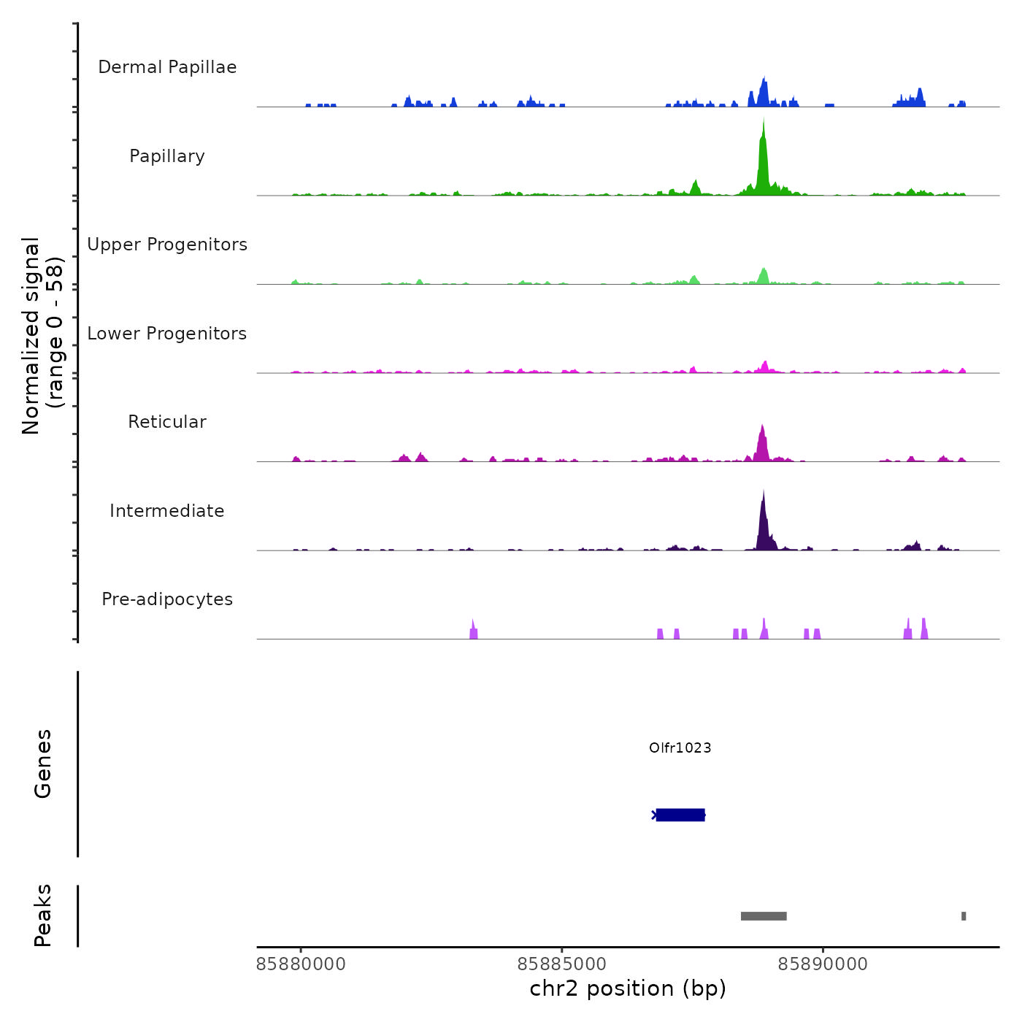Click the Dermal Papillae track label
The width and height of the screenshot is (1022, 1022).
pyautogui.click(x=167, y=67)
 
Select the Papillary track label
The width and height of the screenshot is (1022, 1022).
pyautogui.click(x=167, y=156)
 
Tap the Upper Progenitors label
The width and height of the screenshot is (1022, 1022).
pyautogui.click(x=167, y=245)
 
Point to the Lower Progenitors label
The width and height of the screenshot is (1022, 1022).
pyautogui.click(x=167, y=334)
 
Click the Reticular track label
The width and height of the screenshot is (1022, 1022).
pyautogui.click(x=167, y=422)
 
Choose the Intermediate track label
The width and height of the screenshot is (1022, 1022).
pyautogui.click(x=167, y=511)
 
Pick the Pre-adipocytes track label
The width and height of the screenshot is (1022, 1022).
pyautogui.click(x=167, y=599)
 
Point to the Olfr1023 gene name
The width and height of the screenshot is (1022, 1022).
pyautogui.click(x=680, y=748)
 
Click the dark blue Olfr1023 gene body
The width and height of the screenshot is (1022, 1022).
pyautogui.click(x=680, y=815)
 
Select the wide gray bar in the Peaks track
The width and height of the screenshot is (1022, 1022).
pyautogui.click(x=764, y=916)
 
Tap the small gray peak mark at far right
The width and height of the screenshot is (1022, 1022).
pyautogui.click(x=964, y=916)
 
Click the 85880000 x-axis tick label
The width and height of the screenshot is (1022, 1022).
pyautogui.click(x=301, y=964)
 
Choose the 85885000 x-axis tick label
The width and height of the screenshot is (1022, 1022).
pyautogui.click(x=561, y=964)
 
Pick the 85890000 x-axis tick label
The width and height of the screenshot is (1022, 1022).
pyautogui.click(x=823, y=964)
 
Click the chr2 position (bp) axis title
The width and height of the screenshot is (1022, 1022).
pyautogui.click(x=628, y=988)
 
